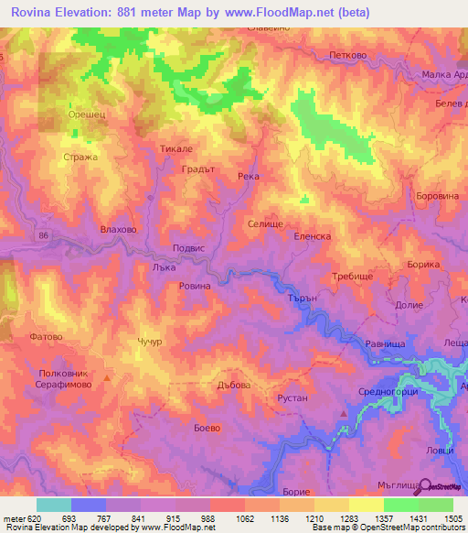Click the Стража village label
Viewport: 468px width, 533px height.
(79, 158)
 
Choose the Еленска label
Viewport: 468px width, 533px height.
(311, 235)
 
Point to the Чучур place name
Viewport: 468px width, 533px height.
(150, 342)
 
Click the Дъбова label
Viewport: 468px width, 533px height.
(234, 386)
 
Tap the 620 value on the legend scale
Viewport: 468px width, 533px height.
(33, 518)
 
